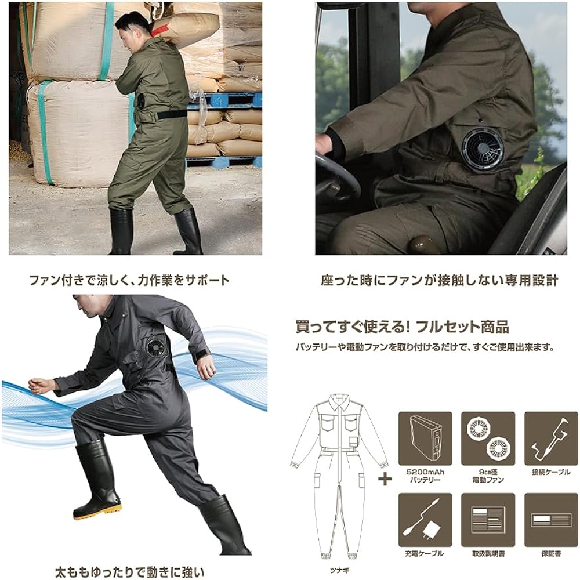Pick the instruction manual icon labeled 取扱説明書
point(488,519)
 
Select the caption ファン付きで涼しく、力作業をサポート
point(129,280)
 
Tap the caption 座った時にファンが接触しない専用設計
point(439,280)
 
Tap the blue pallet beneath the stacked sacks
point(232,100)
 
